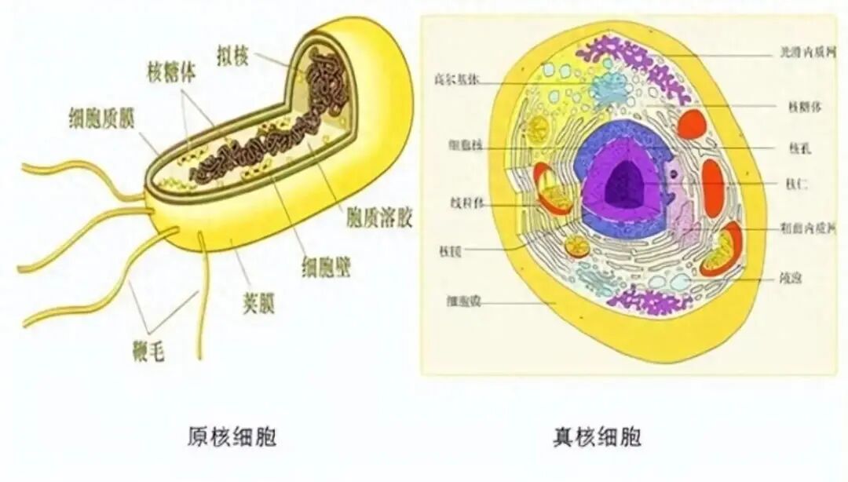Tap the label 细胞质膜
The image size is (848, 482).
[x=101, y=118]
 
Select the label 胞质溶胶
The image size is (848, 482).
[x=378, y=217]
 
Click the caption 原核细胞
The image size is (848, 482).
[x=232, y=436]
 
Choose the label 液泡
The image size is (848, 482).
[x=791, y=277]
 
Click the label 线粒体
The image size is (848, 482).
[x=461, y=203]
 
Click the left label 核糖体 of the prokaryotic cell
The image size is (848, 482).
[x=171, y=71]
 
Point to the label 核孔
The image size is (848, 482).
[x=795, y=147]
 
